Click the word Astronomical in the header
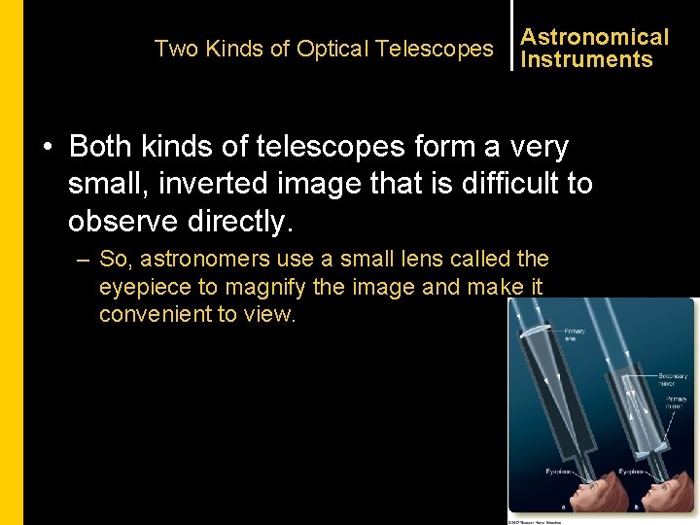point(594,37)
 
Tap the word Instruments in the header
point(586,59)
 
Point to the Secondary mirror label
point(673,380)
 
